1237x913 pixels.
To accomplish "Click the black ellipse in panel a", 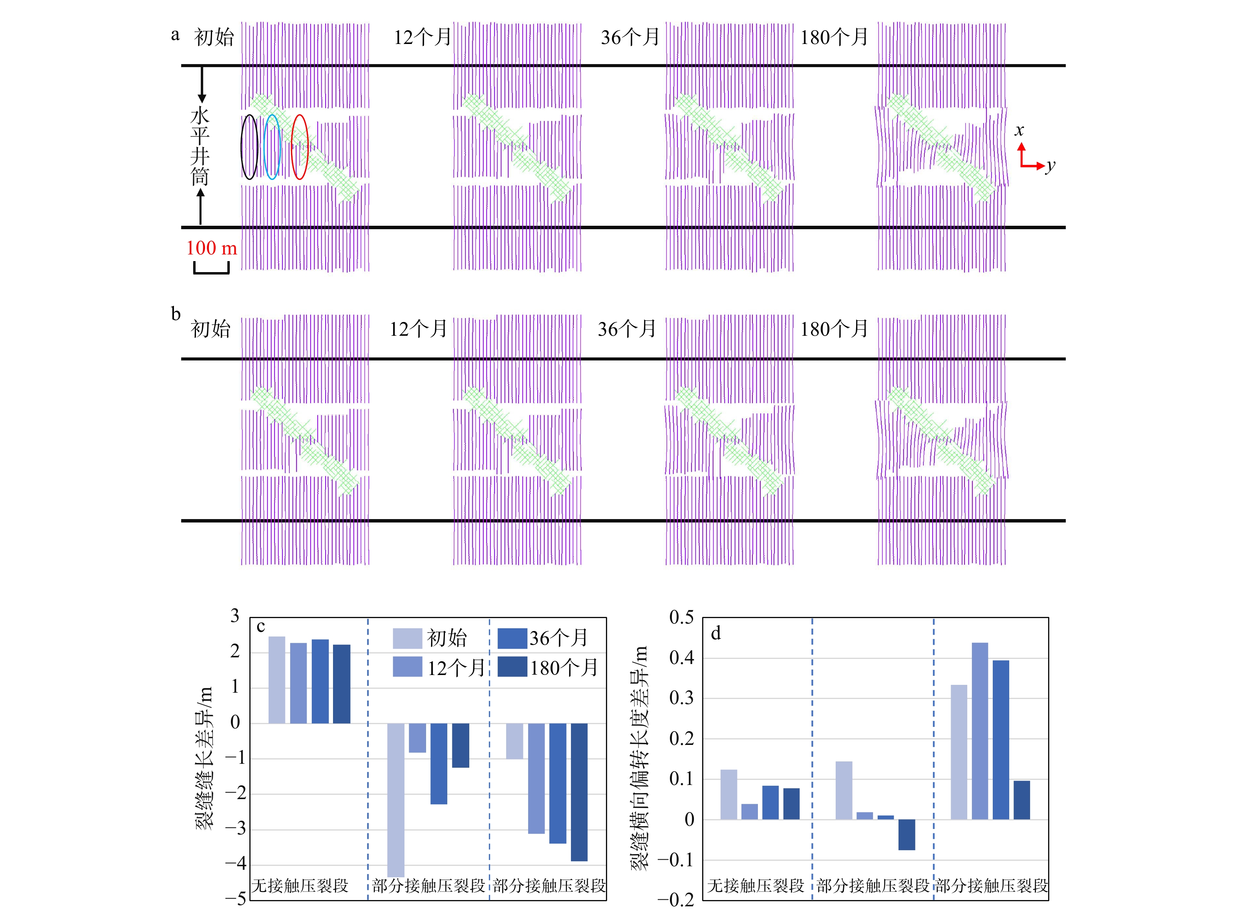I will (x=249, y=147).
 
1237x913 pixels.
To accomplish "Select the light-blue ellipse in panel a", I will (x=272, y=147).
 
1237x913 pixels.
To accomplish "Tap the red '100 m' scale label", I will (x=211, y=248).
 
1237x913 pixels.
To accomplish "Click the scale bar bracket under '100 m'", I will (x=211, y=270).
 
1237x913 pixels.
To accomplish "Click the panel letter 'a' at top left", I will (x=175, y=35).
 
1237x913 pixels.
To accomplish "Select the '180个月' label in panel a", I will (x=834, y=38).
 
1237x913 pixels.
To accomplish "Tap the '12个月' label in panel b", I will (x=418, y=329).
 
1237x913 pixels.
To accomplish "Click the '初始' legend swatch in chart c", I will (x=407, y=639).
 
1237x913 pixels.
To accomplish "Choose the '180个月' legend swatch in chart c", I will (x=512, y=667).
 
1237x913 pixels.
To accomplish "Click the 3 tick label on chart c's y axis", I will (x=235, y=616).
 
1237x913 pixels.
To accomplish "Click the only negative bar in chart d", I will (x=906, y=834).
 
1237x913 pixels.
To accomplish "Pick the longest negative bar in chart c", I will (x=396, y=800).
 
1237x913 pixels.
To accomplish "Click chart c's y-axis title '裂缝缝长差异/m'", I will (x=203, y=758).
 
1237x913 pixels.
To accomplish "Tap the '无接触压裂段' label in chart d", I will (x=756, y=886).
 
